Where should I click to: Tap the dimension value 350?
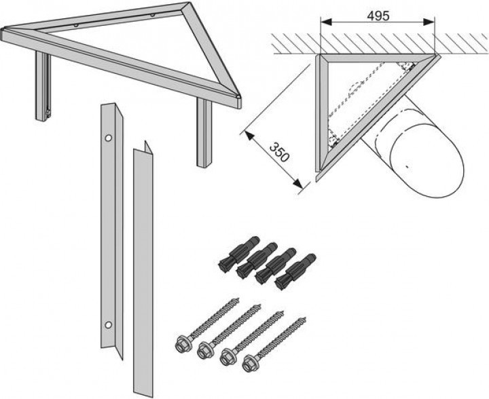pyautogui.click(x=279, y=150)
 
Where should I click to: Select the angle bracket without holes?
pyautogui.click(x=143, y=271)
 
